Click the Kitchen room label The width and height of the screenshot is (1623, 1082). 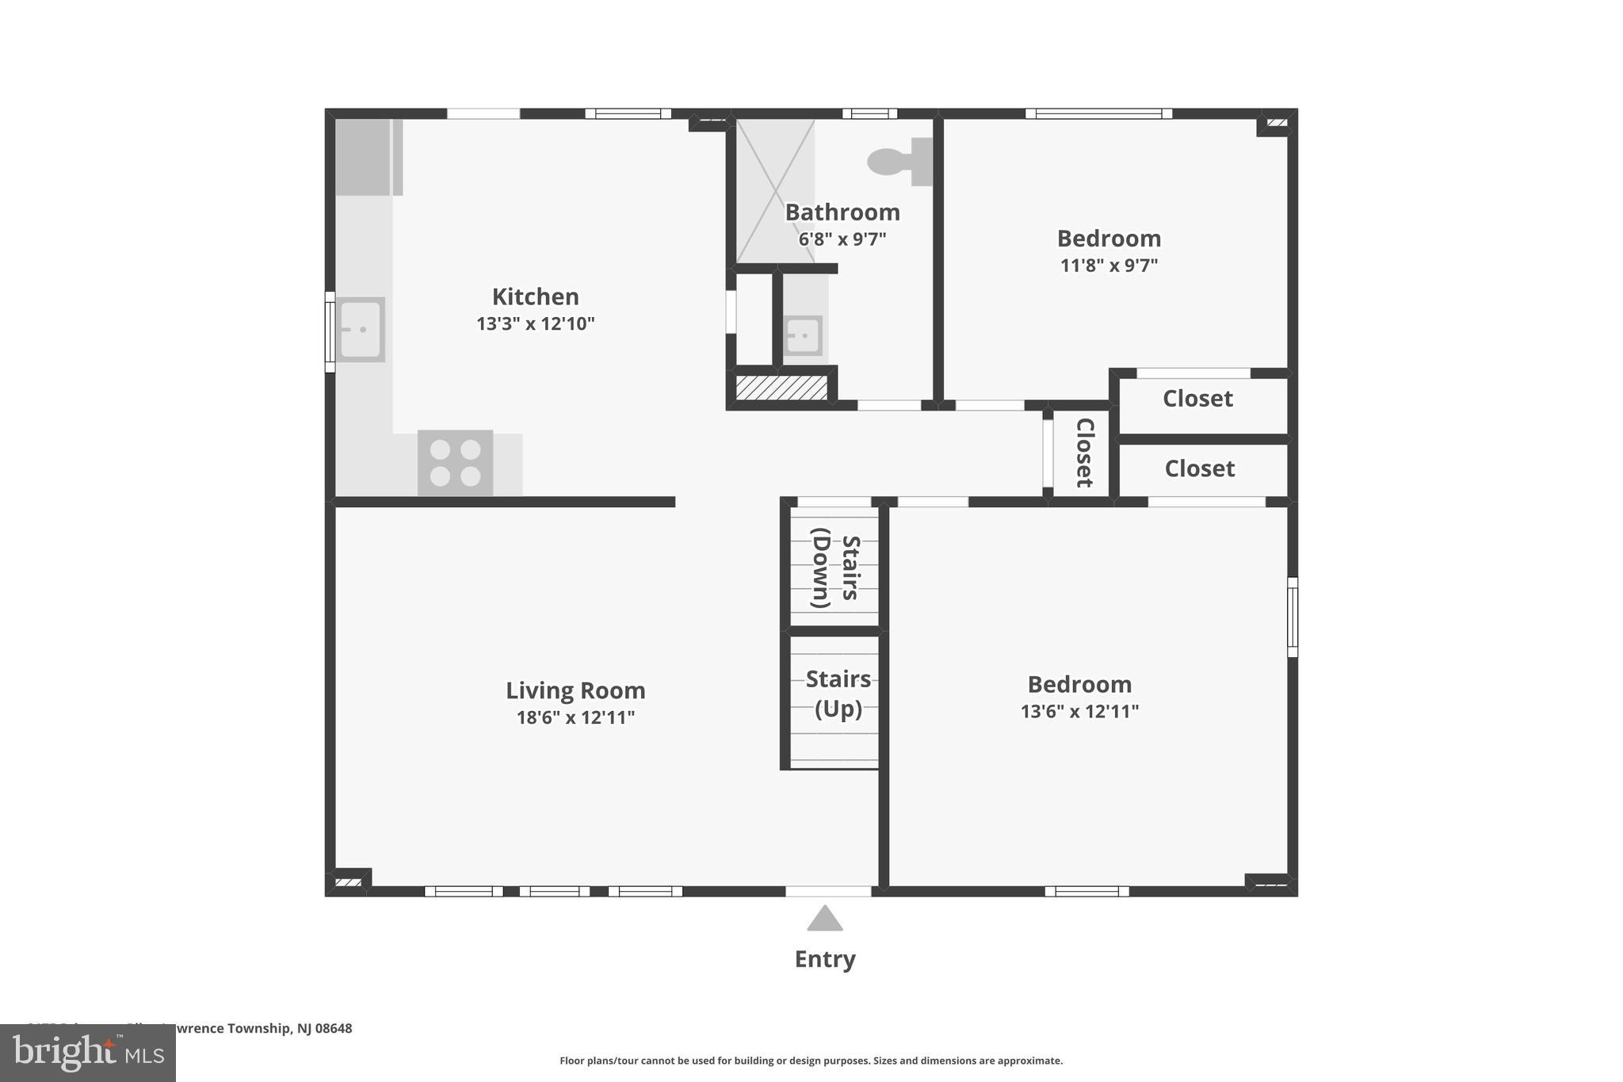click(x=535, y=296)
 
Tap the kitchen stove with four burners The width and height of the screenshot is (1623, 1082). click(x=455, y=463)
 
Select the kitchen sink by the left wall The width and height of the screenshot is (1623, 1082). click(x=361, y=329)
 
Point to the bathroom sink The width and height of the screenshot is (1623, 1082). click(x=803, y=335)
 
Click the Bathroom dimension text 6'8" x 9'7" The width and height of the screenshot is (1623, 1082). click(x=842, y=239)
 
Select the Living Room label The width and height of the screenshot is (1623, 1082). click(x=575, y=690)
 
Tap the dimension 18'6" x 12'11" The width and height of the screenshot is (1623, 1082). click(x=575, y=717)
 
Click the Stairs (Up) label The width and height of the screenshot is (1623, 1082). click(x=838, y=694)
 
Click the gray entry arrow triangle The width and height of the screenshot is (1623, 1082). click(x=824, y=920)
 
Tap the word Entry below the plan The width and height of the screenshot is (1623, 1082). click(x=824, y=959)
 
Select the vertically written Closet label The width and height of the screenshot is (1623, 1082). click(x=1083, y=453)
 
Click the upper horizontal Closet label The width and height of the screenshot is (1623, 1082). click(x=1197, y=398)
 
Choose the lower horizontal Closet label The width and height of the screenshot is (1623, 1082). click(x=1199, y=468)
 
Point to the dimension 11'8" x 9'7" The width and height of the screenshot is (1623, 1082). click(x=1109, y=266)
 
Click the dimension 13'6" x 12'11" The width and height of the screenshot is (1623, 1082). click(x=1079, y=711)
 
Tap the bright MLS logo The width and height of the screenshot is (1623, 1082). click(x=88, y=1053)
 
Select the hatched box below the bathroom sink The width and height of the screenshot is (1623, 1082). click(x=781, y=388)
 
